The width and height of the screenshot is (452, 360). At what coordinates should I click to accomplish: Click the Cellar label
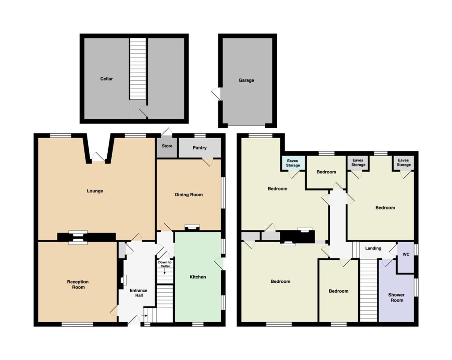106,79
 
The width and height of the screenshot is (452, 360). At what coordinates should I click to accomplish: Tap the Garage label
246,80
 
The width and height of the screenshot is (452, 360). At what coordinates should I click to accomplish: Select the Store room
167,147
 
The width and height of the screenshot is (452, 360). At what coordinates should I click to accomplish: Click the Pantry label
200,148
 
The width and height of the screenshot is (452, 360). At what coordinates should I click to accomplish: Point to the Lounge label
95,191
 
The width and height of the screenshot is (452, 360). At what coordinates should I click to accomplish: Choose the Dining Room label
189,195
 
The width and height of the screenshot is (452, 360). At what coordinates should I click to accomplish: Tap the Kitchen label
198,277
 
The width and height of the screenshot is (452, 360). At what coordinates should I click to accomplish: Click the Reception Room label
78,285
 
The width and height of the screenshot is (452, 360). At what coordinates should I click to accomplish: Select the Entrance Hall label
139,293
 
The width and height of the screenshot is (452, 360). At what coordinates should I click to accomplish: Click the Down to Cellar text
165,264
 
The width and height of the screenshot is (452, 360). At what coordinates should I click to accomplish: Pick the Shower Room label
397,297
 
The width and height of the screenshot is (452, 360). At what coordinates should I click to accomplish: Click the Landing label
373,248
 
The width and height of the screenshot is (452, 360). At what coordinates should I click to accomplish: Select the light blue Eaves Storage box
293,163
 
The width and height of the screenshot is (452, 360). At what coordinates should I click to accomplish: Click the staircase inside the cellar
138,69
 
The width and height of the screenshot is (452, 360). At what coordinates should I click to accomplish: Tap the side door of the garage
216,94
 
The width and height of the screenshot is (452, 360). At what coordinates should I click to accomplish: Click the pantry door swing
207,162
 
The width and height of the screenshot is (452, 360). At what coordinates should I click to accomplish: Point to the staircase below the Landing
369,290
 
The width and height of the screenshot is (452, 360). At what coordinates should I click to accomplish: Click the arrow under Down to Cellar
165,271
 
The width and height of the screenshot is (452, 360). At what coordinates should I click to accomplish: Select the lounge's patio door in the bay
98,157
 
